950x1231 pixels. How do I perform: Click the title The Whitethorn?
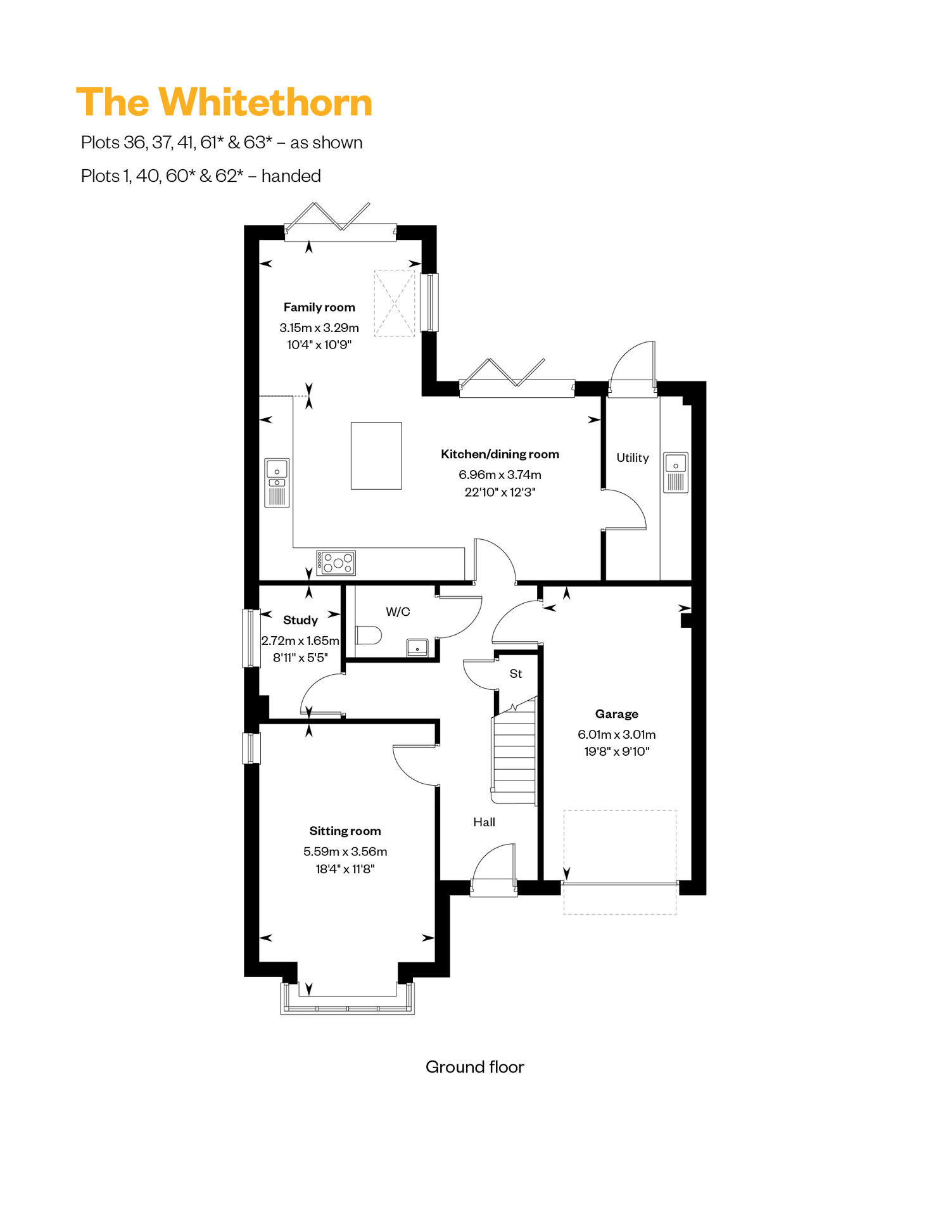[224, 103]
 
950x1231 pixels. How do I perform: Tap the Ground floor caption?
[475, 1067]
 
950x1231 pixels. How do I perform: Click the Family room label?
[319, 307]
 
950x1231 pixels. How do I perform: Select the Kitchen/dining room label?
[500, 454]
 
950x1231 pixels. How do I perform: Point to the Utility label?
[633, 457]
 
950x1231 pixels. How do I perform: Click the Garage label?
[617, 714]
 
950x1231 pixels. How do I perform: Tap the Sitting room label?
[345, 831]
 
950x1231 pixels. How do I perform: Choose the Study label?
[300, 620]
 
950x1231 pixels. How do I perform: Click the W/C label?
[398, 611]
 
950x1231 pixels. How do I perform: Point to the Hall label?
[484, 822]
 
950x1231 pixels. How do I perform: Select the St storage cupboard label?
[516, 673]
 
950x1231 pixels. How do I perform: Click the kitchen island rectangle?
[376, 456]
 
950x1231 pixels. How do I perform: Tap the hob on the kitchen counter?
[336, 563]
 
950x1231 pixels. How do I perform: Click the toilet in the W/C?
[368, 635]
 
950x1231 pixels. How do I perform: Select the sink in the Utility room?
[676, 472]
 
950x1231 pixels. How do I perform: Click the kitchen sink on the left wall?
[277, 483]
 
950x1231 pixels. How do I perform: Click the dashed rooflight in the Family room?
[395, 303]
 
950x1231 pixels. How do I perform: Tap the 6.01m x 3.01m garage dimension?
[617, 734]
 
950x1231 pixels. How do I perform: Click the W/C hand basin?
[417, 647]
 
